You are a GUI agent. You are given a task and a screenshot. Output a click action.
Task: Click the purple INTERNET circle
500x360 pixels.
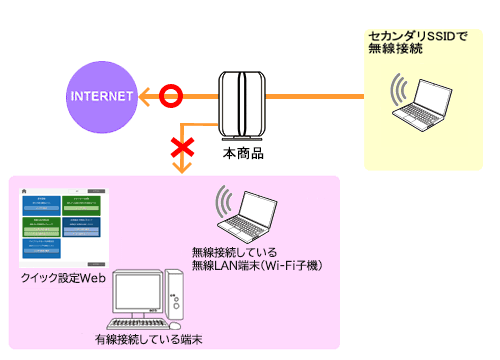tap(101, 96)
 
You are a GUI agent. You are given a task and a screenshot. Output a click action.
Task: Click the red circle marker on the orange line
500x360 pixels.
tap(172, 96)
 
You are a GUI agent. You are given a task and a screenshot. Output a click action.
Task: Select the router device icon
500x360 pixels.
tap(240, 105)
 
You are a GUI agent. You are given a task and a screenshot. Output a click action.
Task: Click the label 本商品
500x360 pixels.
tap(240, 155)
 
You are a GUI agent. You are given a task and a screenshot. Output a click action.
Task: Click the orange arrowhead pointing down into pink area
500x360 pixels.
tap(181, 169)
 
